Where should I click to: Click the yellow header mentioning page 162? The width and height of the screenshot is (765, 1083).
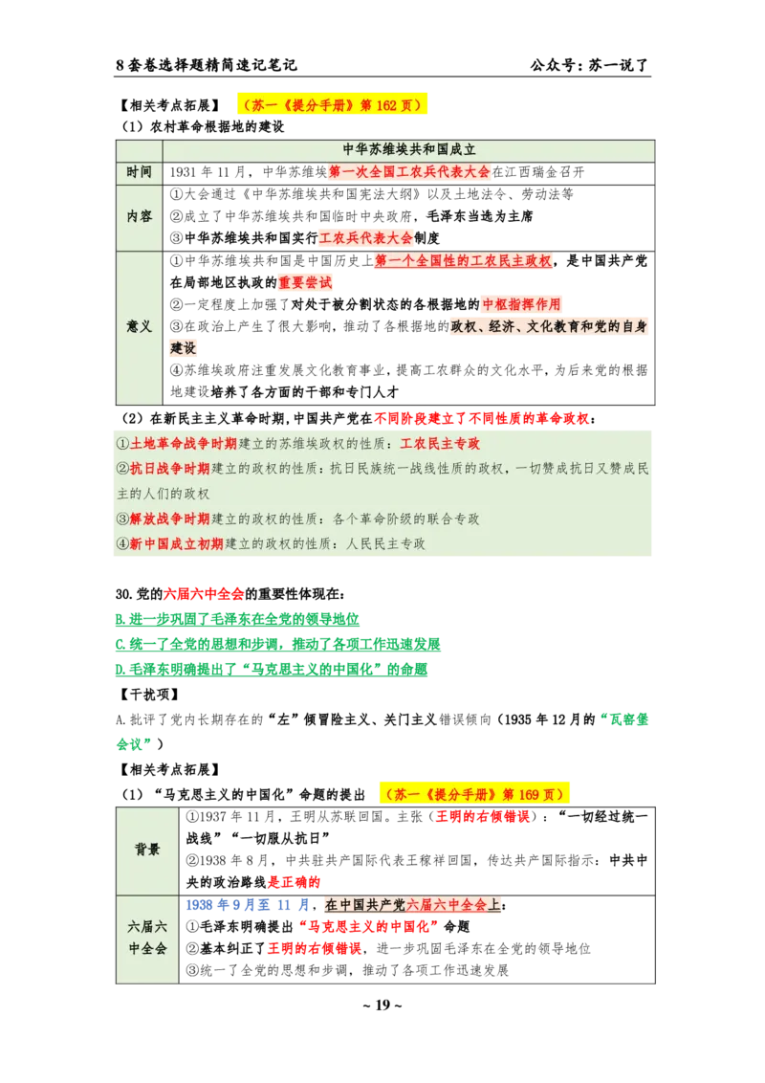329,105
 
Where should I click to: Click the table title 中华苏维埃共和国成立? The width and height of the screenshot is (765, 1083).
409,150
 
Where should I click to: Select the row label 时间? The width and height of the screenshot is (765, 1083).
140,172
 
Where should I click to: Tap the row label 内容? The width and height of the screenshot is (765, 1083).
140,216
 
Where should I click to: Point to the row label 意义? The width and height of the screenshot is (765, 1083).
140,326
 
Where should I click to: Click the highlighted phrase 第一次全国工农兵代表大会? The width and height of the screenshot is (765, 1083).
409,172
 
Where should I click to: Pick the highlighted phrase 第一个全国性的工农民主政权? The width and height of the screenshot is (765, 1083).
463,261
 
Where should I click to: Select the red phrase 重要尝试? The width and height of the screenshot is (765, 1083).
306,283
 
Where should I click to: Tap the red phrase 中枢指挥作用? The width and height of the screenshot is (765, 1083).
521,304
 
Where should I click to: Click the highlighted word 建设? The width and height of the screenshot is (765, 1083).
184,348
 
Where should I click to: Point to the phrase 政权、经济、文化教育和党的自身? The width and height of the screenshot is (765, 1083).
549,326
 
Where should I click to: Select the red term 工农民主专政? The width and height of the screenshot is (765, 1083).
440,444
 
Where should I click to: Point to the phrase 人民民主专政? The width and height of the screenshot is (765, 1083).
385,543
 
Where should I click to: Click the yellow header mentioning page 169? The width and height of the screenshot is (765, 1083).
475,794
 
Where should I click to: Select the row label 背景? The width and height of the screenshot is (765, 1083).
147,849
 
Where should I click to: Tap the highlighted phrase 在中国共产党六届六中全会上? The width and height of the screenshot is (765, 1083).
413,905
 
